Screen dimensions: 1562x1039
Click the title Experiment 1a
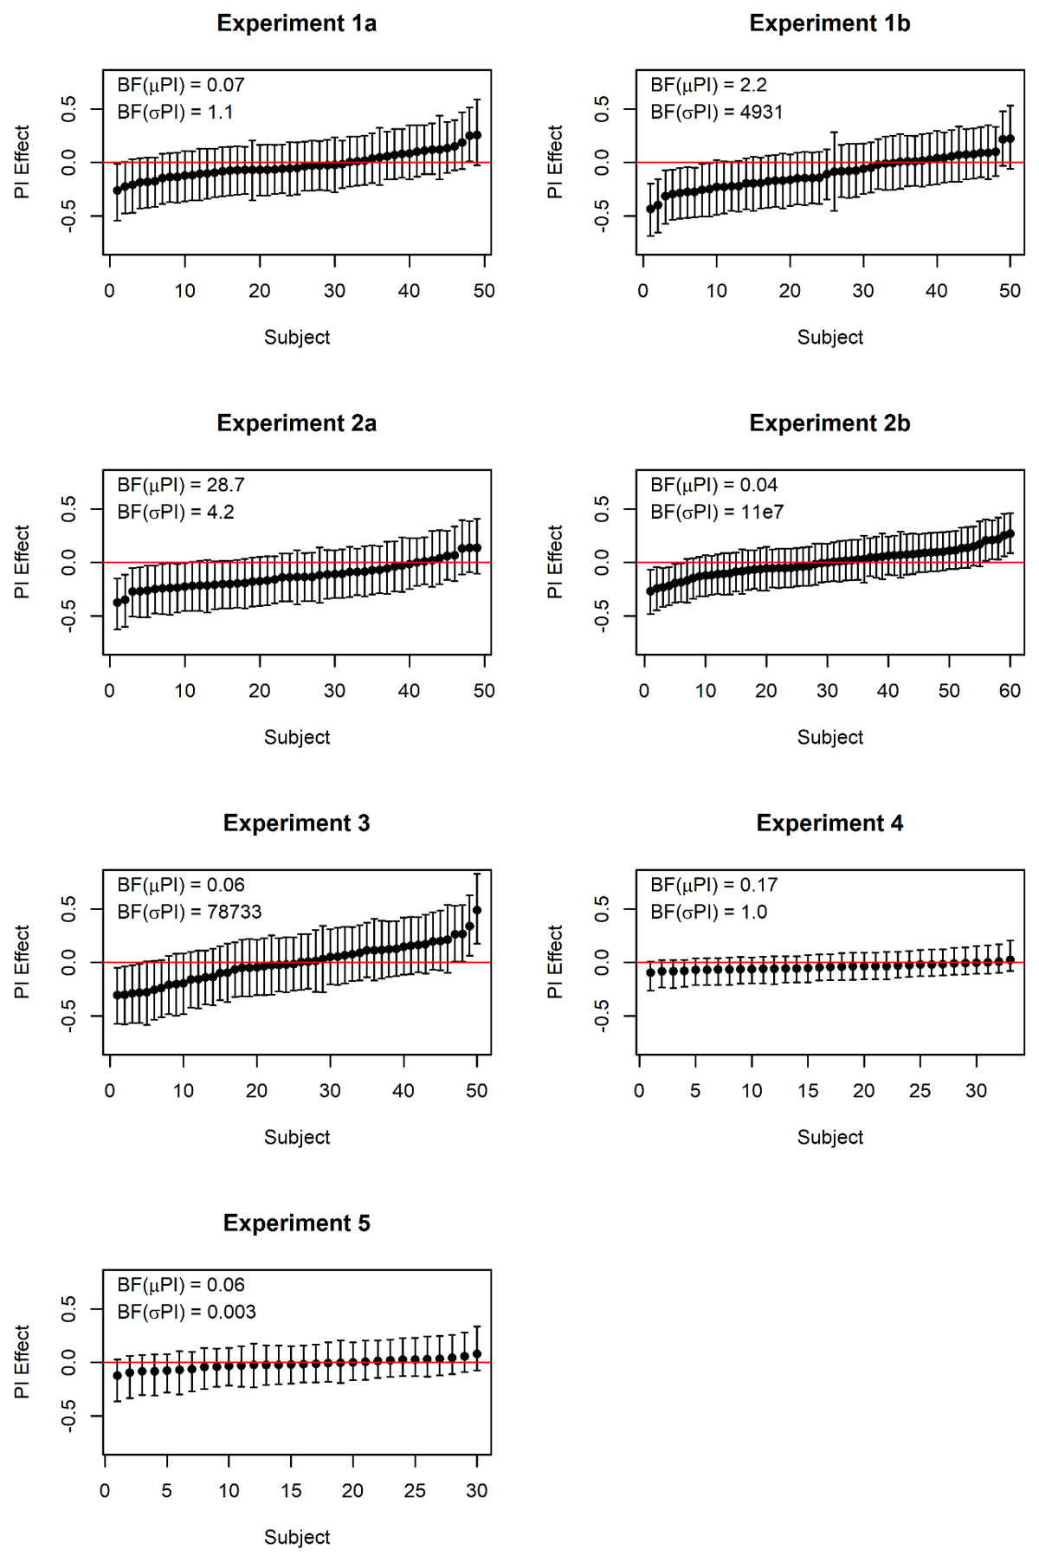[296, 23]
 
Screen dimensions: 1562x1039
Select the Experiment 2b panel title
[829, 423]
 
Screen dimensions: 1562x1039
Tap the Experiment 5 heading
[296, 1223]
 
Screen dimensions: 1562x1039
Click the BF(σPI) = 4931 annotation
[716, 112]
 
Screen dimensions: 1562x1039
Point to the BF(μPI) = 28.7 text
[181, 485]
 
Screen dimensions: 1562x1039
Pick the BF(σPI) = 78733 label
[190, 912]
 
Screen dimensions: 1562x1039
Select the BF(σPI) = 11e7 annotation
[717, 512]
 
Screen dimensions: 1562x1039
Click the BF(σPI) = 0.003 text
[187, 1312]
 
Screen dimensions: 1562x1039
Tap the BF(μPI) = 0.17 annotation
[714, 885]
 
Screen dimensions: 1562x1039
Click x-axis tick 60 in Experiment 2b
[1010, 691]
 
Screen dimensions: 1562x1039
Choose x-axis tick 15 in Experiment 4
[808, 1091]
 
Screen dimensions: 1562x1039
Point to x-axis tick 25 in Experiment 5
[415, 1491]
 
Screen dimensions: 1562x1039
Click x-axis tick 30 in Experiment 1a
[334, 291]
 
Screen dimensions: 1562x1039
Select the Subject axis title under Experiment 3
[296, 1137]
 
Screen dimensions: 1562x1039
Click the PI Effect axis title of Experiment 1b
[555, 162]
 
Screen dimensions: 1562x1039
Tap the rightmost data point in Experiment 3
[477, 910]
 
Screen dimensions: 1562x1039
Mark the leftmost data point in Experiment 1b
[650, 209]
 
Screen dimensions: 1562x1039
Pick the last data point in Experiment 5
[477, 1353]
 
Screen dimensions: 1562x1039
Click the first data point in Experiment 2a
[117, 603]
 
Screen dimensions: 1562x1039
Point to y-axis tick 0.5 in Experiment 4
[602, 907]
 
